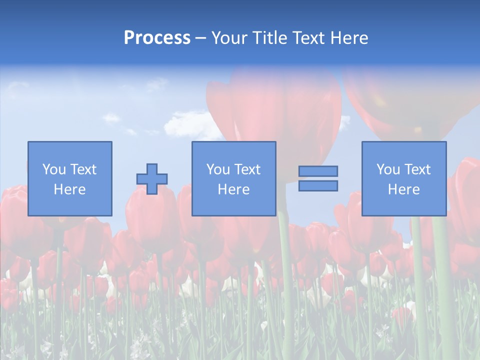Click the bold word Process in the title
tap(157, 37)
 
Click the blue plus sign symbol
tap(152, 179)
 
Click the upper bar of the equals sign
tap(318, 171)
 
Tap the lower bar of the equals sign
tap(318, 186)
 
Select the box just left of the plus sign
tap(69, 178)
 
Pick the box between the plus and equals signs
tap(233, 178)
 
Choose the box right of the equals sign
tap(403, 178)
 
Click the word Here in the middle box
tap(233, 189)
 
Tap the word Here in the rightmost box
tap(403, 189)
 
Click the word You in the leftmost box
tap(54, 169)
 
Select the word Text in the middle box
tap(247, 169)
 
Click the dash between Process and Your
tap(200, 38)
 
